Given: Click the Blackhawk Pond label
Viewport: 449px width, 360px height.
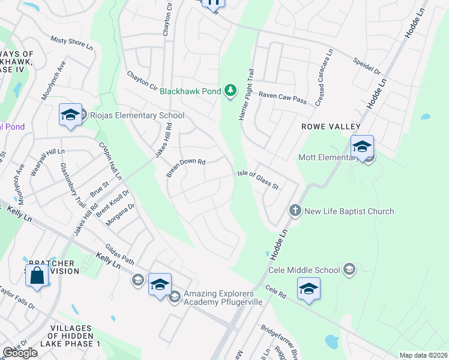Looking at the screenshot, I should [190, 92].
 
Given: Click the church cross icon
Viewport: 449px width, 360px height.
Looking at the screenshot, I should [295, 211].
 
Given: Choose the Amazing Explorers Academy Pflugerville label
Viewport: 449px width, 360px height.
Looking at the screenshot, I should [215, 298].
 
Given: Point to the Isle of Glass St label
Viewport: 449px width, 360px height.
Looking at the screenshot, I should [259, 179].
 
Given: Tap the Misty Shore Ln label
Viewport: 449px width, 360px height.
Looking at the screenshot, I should [72, 43].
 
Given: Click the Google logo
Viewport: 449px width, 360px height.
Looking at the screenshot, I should [20, 353].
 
